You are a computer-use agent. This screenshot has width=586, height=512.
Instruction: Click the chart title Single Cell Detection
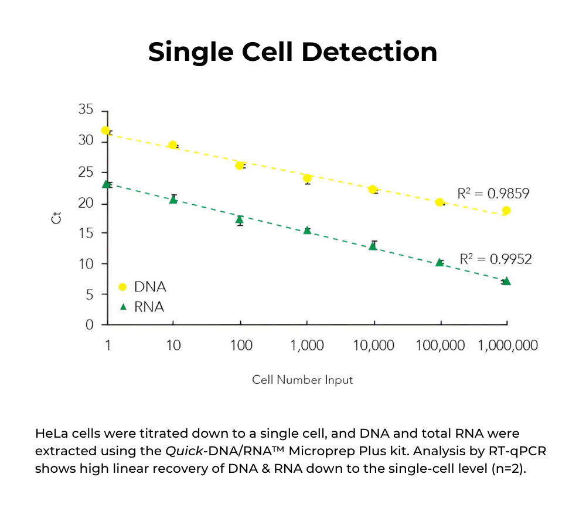(x=292, y=51)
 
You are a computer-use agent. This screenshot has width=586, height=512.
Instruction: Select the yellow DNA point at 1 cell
(x=105, y=130)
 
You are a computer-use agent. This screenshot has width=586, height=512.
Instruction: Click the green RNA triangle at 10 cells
(x=173, y=200)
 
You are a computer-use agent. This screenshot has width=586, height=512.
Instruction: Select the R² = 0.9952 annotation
(x=496, y=259)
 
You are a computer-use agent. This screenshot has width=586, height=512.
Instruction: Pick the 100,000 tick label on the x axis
(x=440, y=346)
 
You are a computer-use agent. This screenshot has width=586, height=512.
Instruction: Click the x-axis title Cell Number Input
(x=302, y=380)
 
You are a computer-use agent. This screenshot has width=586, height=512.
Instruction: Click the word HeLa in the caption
(x=51, y=434)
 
